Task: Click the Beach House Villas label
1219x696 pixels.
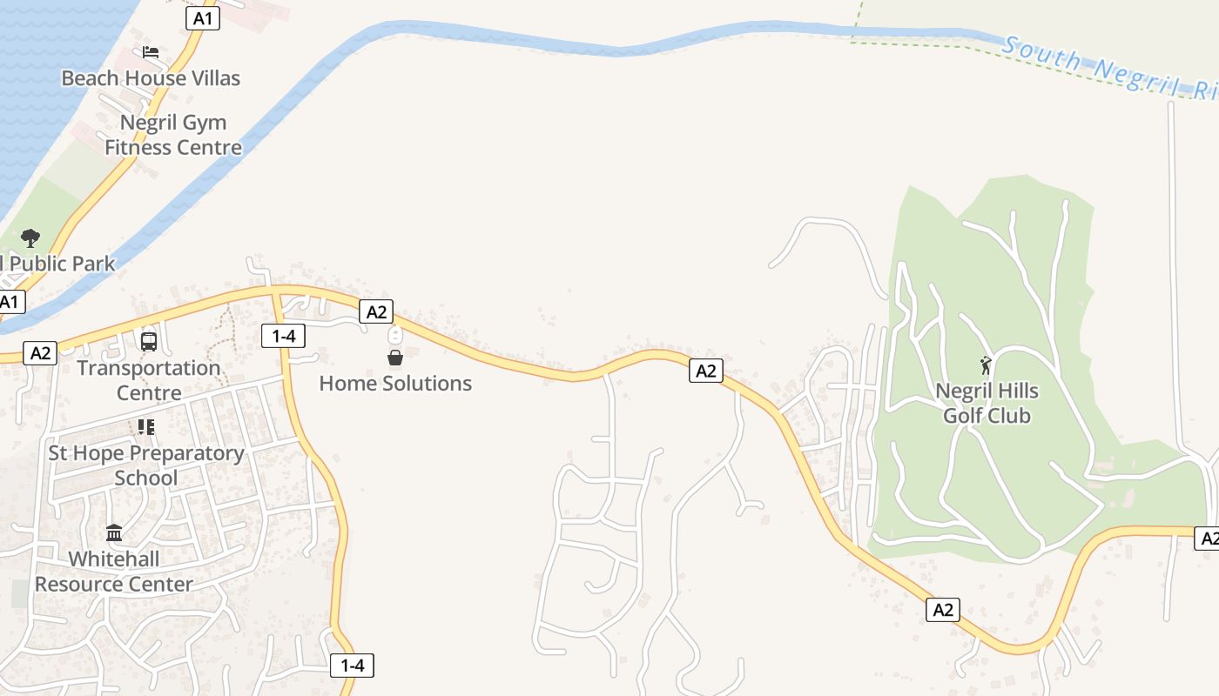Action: coord(151,78)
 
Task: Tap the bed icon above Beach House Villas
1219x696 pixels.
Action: coord(151,52)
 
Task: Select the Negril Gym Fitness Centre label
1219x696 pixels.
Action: coord(173,135)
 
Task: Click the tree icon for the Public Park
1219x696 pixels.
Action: coord(30,238)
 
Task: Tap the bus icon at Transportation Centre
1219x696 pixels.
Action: coord(149,341)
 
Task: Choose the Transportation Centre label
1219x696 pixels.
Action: coord(149,380)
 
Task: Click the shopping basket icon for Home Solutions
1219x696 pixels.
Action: coord(395,358)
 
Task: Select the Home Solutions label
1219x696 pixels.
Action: coord(395,384)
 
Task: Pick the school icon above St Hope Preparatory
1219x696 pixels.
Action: coord(145,427)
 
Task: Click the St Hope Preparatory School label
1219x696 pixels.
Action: coord(146,465)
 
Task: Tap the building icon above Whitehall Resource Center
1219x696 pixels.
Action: coord(114,532)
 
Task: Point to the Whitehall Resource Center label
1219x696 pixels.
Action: coord(114,572)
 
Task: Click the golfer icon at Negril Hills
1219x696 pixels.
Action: coord(986,365)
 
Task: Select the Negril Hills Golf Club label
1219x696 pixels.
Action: coord(987,404)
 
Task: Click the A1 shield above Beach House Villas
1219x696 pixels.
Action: coord(202,18)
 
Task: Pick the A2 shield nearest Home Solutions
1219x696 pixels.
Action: coord(376,311)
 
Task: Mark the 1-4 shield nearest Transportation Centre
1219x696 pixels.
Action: coord(283,335)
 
